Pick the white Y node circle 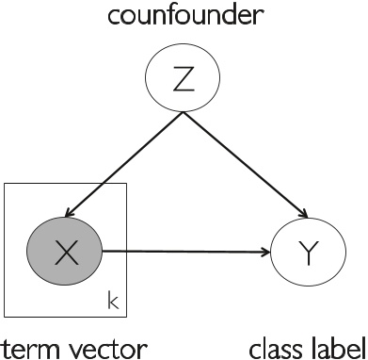pos(303,252)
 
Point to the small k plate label pos(112,303)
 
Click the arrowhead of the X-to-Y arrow pos(264,252)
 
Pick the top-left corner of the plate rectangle pos(5,184)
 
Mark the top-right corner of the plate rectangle pos(127,184)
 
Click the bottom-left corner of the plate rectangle pos(5,316)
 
